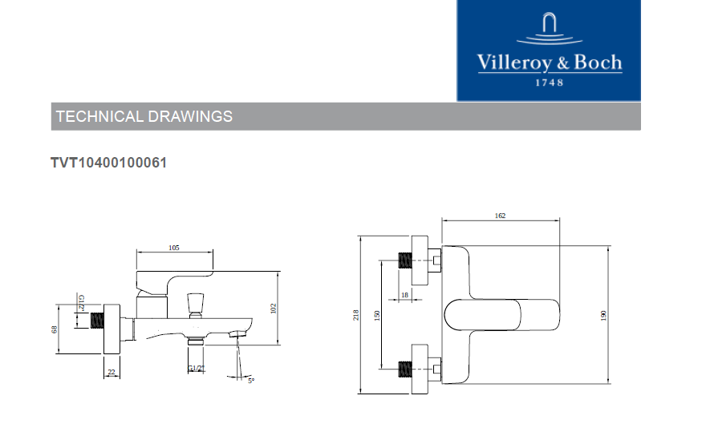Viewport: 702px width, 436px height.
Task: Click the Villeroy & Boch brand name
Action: click(x=550, y=63)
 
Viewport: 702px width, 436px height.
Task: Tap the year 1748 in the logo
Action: click(x=550, y=83)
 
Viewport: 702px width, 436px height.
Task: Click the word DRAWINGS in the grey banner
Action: click(x=190, y=116)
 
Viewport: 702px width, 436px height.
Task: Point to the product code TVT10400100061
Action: click(x=109, y=163)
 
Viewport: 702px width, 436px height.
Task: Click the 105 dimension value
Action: click(x=174, y=248)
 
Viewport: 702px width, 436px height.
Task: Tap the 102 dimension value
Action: click(x=274, y=308)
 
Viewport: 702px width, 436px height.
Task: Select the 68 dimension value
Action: click(x=55, y=329)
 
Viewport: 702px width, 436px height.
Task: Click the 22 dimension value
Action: click(x=112, y=372)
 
